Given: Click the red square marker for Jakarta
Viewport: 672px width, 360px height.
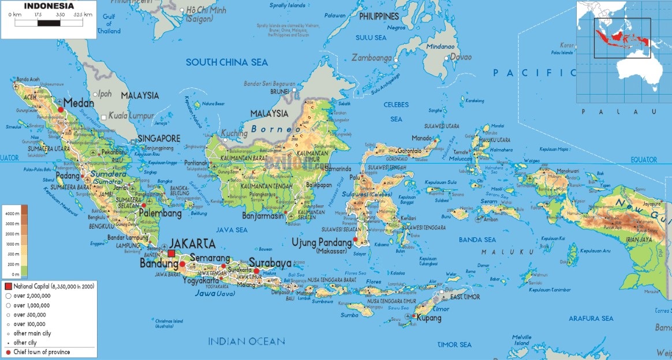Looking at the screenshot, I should click(x=171, y=253).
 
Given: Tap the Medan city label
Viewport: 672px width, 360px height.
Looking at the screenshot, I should click(x=79, y=102).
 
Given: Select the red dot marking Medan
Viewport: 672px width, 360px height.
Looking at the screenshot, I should click(x=61, y=108).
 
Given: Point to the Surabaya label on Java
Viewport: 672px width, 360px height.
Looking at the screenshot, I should click(x=270, y=262).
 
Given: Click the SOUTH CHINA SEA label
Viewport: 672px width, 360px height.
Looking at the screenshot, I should click(x=226, y=62).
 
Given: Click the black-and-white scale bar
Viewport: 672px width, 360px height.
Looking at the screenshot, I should click(x=46, y=24).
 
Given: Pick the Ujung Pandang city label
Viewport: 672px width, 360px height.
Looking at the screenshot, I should click(x=321, y=242).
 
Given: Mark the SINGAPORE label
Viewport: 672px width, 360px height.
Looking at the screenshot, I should click(x=159, y=138).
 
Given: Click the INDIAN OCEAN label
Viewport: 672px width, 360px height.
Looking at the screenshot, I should click(x=247, y=341).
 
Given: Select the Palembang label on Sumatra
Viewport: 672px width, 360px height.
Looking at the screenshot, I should click(x=160, y=213).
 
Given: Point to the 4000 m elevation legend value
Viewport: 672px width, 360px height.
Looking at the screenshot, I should click(x=13, y=213).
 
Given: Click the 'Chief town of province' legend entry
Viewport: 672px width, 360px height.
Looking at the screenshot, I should click(x=41, y=352).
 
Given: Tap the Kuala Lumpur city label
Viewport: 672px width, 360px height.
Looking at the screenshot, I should click(x=133, y=115).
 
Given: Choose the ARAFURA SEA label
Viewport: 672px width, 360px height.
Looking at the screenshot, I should click(x=591, y=318).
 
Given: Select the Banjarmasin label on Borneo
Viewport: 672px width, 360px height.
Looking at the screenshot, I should click(x=264, y=216).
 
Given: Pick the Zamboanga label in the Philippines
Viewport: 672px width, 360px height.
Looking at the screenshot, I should click(x=372, y=58).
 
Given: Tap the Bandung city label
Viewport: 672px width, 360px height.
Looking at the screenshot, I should click(x=159, y=264).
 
